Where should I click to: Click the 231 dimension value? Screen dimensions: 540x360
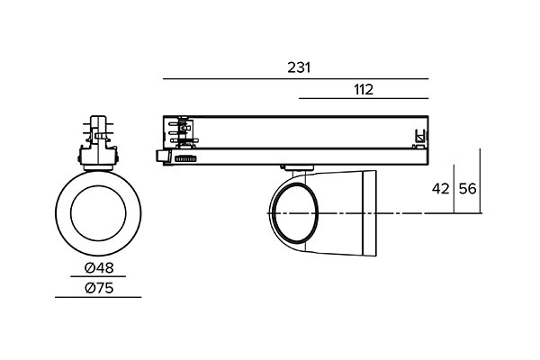click(x=299, y=67)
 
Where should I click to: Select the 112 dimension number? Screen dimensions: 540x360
click(x=364, y=90)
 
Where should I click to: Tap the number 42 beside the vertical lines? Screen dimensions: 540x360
click(x=441, y=189)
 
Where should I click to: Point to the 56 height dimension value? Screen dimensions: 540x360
click(x=468, y=189)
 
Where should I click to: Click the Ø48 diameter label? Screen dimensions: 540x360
click(x=99, y=267)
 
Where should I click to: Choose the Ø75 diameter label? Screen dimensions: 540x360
click(x=99, y=288)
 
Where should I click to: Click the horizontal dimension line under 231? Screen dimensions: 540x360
click(x=296, y=79)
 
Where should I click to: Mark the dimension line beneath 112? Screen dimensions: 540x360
click(x=364, y=98)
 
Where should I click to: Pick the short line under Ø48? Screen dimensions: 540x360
click(x=98, y=276)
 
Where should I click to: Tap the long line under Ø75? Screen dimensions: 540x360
click(x=98, y=297)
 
